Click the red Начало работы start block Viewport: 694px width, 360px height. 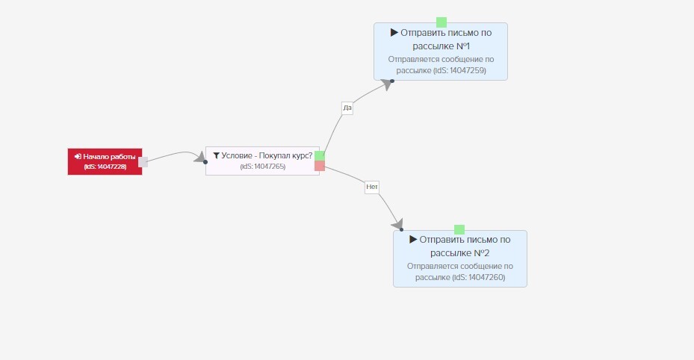[105, 161]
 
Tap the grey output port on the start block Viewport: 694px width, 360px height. [143, 162]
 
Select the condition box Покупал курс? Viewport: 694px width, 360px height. [262, 161]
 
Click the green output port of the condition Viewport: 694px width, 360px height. [320, 155]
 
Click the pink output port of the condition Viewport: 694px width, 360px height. [320, 166]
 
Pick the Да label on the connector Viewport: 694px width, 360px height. [347, 108]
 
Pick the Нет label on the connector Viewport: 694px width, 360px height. [372, 187]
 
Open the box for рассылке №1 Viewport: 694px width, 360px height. [441, 52]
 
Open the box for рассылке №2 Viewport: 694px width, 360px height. [460, 258]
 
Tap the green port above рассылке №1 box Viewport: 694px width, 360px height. [442, 22]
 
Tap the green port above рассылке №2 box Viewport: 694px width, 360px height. [459, 229]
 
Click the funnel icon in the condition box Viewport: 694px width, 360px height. [217, 155]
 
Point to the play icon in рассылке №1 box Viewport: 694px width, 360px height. [394, 32]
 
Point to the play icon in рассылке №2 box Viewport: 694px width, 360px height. [413, 239]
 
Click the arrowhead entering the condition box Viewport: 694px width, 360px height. [200, 158]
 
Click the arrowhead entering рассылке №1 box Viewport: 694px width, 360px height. [387, 84]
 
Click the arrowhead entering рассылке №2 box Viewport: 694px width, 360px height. [397, 225]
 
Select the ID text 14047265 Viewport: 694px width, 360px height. [270, 167]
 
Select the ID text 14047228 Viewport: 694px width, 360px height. [111, 167]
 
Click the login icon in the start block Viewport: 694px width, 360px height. [78, 157]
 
